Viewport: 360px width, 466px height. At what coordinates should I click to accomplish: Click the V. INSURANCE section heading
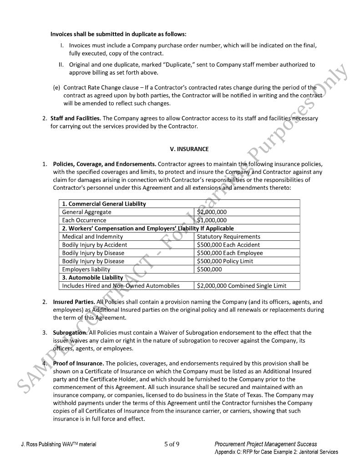click(x=189, y=149)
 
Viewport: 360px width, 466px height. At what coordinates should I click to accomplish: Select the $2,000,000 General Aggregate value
click(x=212, y=212)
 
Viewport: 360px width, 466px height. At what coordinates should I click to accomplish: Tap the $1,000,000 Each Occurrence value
click(x=212, y=220)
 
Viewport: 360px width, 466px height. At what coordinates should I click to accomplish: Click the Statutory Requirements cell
click(x=228, y=237)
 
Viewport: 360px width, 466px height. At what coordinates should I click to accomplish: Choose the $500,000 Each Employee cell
click(x=230, y=253)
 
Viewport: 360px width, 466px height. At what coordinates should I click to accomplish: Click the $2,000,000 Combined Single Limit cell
click(x=241, y=286)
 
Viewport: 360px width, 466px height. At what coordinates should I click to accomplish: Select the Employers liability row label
click(x=86, y=269)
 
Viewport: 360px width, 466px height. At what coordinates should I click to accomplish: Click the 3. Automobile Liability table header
click(x=93, y=278)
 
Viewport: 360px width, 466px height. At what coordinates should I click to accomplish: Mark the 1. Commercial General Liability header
click(x=104, y=204)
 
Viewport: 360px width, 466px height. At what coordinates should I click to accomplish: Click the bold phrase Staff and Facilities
click(x=76, y=118)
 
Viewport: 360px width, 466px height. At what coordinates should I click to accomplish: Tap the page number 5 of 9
click(x=172, y=445)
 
